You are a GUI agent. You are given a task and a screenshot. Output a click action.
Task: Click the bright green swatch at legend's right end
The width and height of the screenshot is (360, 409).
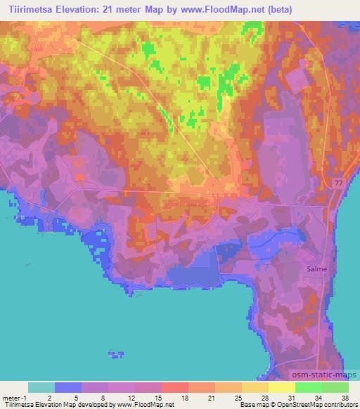tap(335, 387)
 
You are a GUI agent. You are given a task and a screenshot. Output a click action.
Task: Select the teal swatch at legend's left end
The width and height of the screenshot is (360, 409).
tap(41, 387)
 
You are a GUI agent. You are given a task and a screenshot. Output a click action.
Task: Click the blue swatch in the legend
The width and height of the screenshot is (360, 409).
tap(68, 387)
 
